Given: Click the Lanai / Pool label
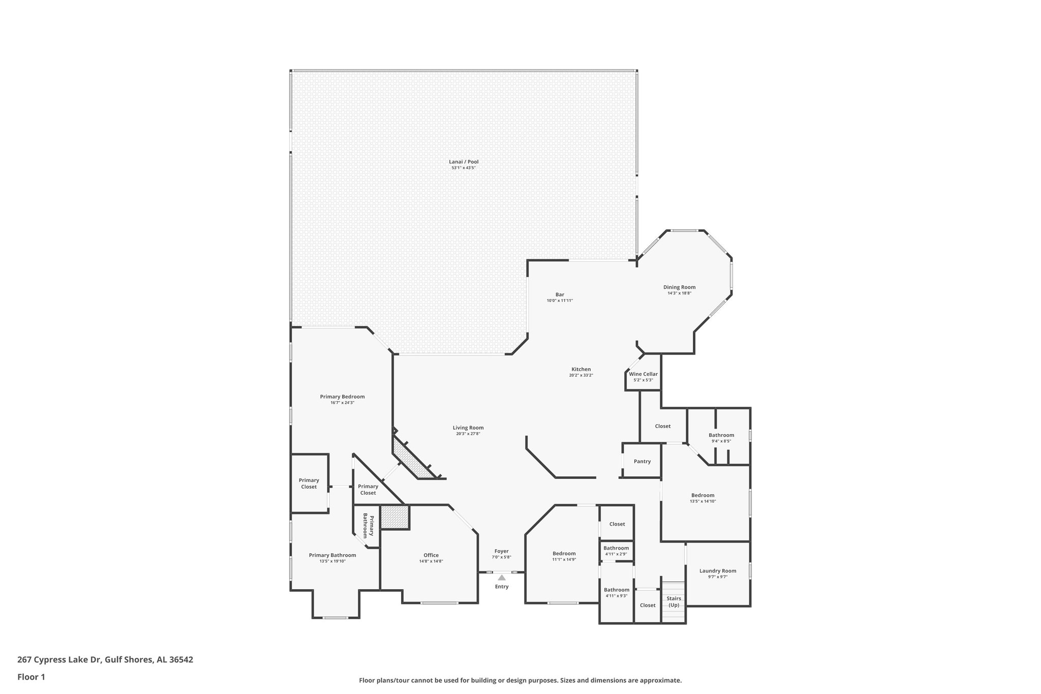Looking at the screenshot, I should [x=463, y=162].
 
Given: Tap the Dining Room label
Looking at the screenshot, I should [x=679, y=287].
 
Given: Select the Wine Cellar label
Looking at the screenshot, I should [x=643, y=374].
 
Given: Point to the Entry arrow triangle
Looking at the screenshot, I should [x=502, y=578].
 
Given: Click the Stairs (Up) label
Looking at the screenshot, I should [x=673, y=601].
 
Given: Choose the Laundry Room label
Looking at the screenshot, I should [x=717, y=571].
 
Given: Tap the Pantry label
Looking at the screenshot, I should [x=642, y=462].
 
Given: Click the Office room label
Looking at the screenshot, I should [x=431, y=555].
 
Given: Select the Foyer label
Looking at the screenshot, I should [x=501, y=551].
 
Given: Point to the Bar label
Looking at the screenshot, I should [x=559, y=294].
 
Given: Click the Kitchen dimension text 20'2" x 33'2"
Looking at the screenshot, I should [x=581, y=375].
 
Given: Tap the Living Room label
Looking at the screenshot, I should [x=468, y=428].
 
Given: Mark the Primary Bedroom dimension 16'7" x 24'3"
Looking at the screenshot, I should [x=342, y=403].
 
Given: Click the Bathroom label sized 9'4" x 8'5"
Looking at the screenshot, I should [x=721, y=435].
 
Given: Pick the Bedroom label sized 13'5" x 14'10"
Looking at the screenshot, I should [x=702, y=495].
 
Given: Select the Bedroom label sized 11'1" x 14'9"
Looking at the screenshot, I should [x=564, y=553].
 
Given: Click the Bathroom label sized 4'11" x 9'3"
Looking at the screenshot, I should [x=616, y=590].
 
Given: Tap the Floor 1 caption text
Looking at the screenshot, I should [x=32, y=677].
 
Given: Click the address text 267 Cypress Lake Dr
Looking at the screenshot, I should [x=59, y=659].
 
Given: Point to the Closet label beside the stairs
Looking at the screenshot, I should [x=647, y=605].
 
